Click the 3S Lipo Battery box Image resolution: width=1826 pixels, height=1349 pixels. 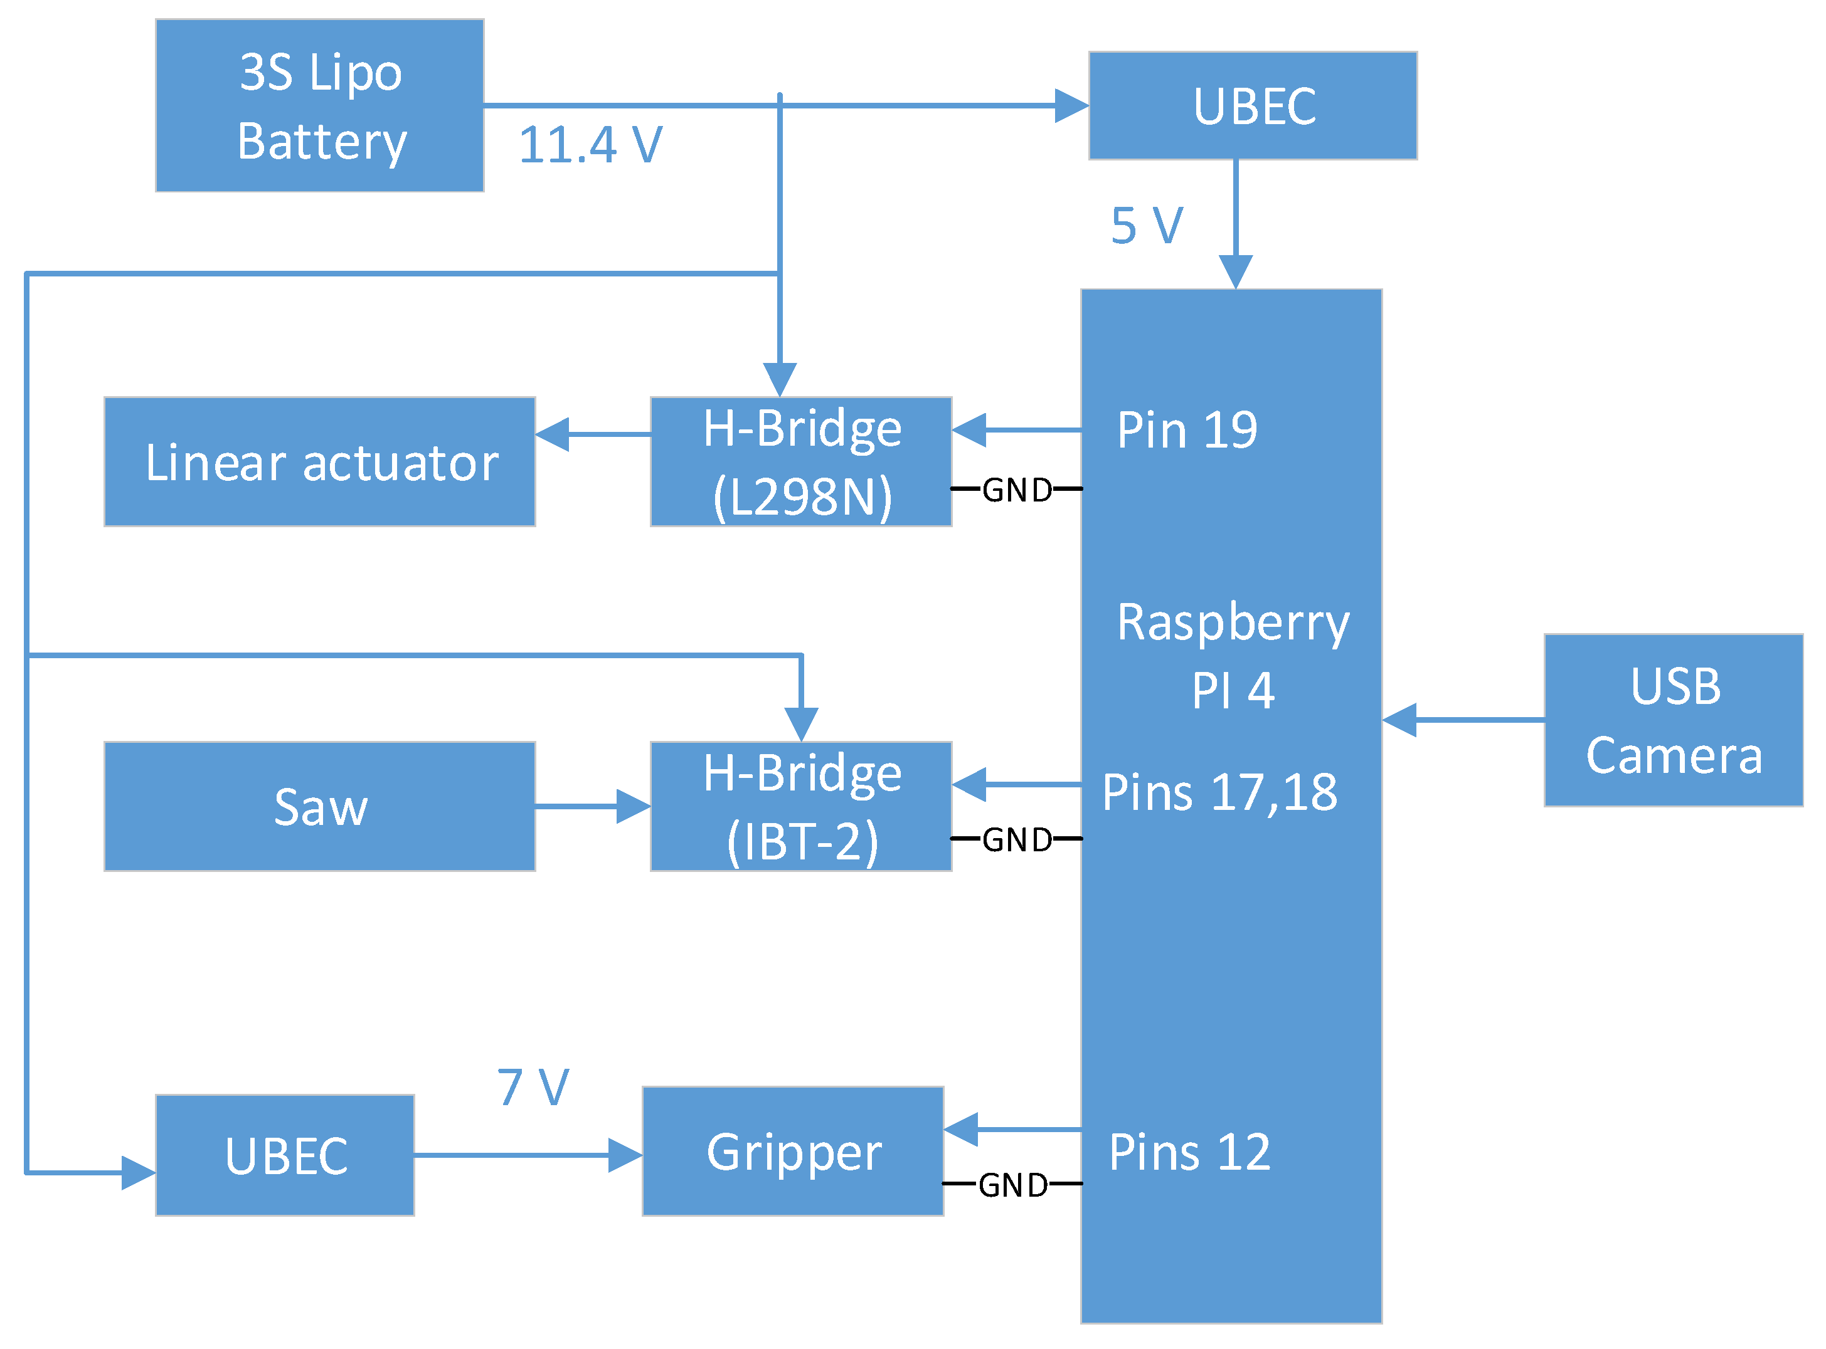pyautogui.click(x=319, y=105)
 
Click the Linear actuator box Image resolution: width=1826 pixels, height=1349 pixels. pyautogui.click(x=319, y=461)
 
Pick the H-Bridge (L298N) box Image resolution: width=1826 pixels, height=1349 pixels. pyautogui.click(x=800, y=461)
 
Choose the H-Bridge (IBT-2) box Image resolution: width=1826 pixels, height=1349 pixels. pyautogui.click(x=800, y=806)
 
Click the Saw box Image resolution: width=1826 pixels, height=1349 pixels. pyautogui.click(x=319, y=806)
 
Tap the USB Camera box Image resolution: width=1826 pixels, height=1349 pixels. pyautogui.click(x=1672, y=720)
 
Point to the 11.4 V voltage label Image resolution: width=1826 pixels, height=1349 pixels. pyautogui.click(x=590, y=145)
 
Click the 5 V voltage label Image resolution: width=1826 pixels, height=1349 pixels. pyautogui.click(x=1146, y=226)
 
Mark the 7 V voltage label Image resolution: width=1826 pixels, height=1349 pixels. pyautogui.click(x=533, y=1087)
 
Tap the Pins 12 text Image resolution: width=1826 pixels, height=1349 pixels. pyautogui.click(x=1189, y=1152)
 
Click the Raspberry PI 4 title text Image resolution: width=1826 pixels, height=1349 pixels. pyautogui.click(x=1232, y=656)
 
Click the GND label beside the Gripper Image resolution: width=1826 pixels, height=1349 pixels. pyautogui.click(x=1012, y=1185)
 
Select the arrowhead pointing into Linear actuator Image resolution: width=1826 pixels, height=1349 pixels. pyautogui.click(x=552, y=434)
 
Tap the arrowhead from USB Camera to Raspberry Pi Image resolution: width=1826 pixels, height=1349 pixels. pyautogui.click(x=1399, y=720)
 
